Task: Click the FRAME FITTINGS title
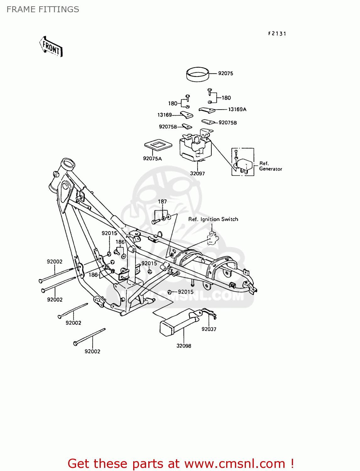[43, 9]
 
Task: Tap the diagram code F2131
[277, 34]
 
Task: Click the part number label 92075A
[152, 159]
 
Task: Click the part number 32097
[197, 173]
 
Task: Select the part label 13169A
[237, 109]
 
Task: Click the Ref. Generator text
[270, 166]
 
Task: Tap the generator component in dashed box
[244, 165]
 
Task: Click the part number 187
[162, 202]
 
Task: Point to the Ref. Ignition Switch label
[213, 219]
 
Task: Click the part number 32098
[184, 346]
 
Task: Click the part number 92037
[209, 329]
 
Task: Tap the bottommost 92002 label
[92, 351]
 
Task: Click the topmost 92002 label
[55, 262]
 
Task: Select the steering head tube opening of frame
[68, 164]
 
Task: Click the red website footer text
[181, 463]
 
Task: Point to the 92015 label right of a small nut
[186, 292]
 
